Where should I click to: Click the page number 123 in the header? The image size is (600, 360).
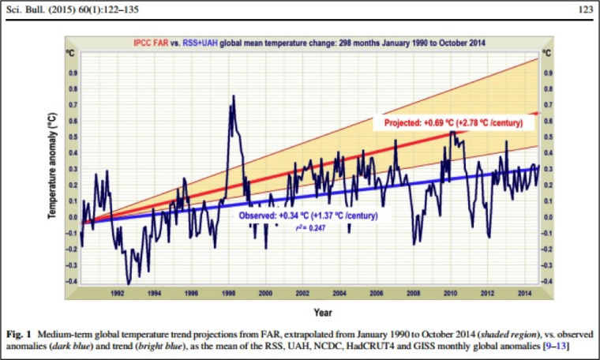pos(586,9)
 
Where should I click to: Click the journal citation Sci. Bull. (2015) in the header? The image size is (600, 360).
pos(41,9)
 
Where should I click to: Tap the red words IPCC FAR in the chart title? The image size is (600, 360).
pos(151,43)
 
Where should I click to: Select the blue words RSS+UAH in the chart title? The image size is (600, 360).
pos(200,43)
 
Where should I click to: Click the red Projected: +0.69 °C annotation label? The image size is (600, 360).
pos(453,123)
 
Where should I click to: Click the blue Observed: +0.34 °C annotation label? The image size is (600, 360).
pos(309,216)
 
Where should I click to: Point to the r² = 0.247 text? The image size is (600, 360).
pos(310,228)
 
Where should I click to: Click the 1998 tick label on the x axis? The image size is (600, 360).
pos(228,294)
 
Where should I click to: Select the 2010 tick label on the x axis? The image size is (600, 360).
pos(450,294)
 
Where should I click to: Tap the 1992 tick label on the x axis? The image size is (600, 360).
pos(118,294)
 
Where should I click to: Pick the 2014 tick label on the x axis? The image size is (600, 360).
pos(525,294)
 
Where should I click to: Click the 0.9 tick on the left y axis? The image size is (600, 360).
pos(73,73)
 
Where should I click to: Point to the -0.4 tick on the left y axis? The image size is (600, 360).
pos(72,281)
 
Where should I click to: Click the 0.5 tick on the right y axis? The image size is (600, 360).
pos(549,137)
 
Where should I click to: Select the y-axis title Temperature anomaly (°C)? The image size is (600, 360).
pos(51,166)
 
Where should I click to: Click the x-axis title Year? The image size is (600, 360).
pos(323,313)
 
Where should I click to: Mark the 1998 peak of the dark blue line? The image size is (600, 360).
pos(234,96)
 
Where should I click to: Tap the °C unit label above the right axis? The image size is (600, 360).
pos(547,53)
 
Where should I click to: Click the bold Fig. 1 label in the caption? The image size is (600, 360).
pos(18,335)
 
